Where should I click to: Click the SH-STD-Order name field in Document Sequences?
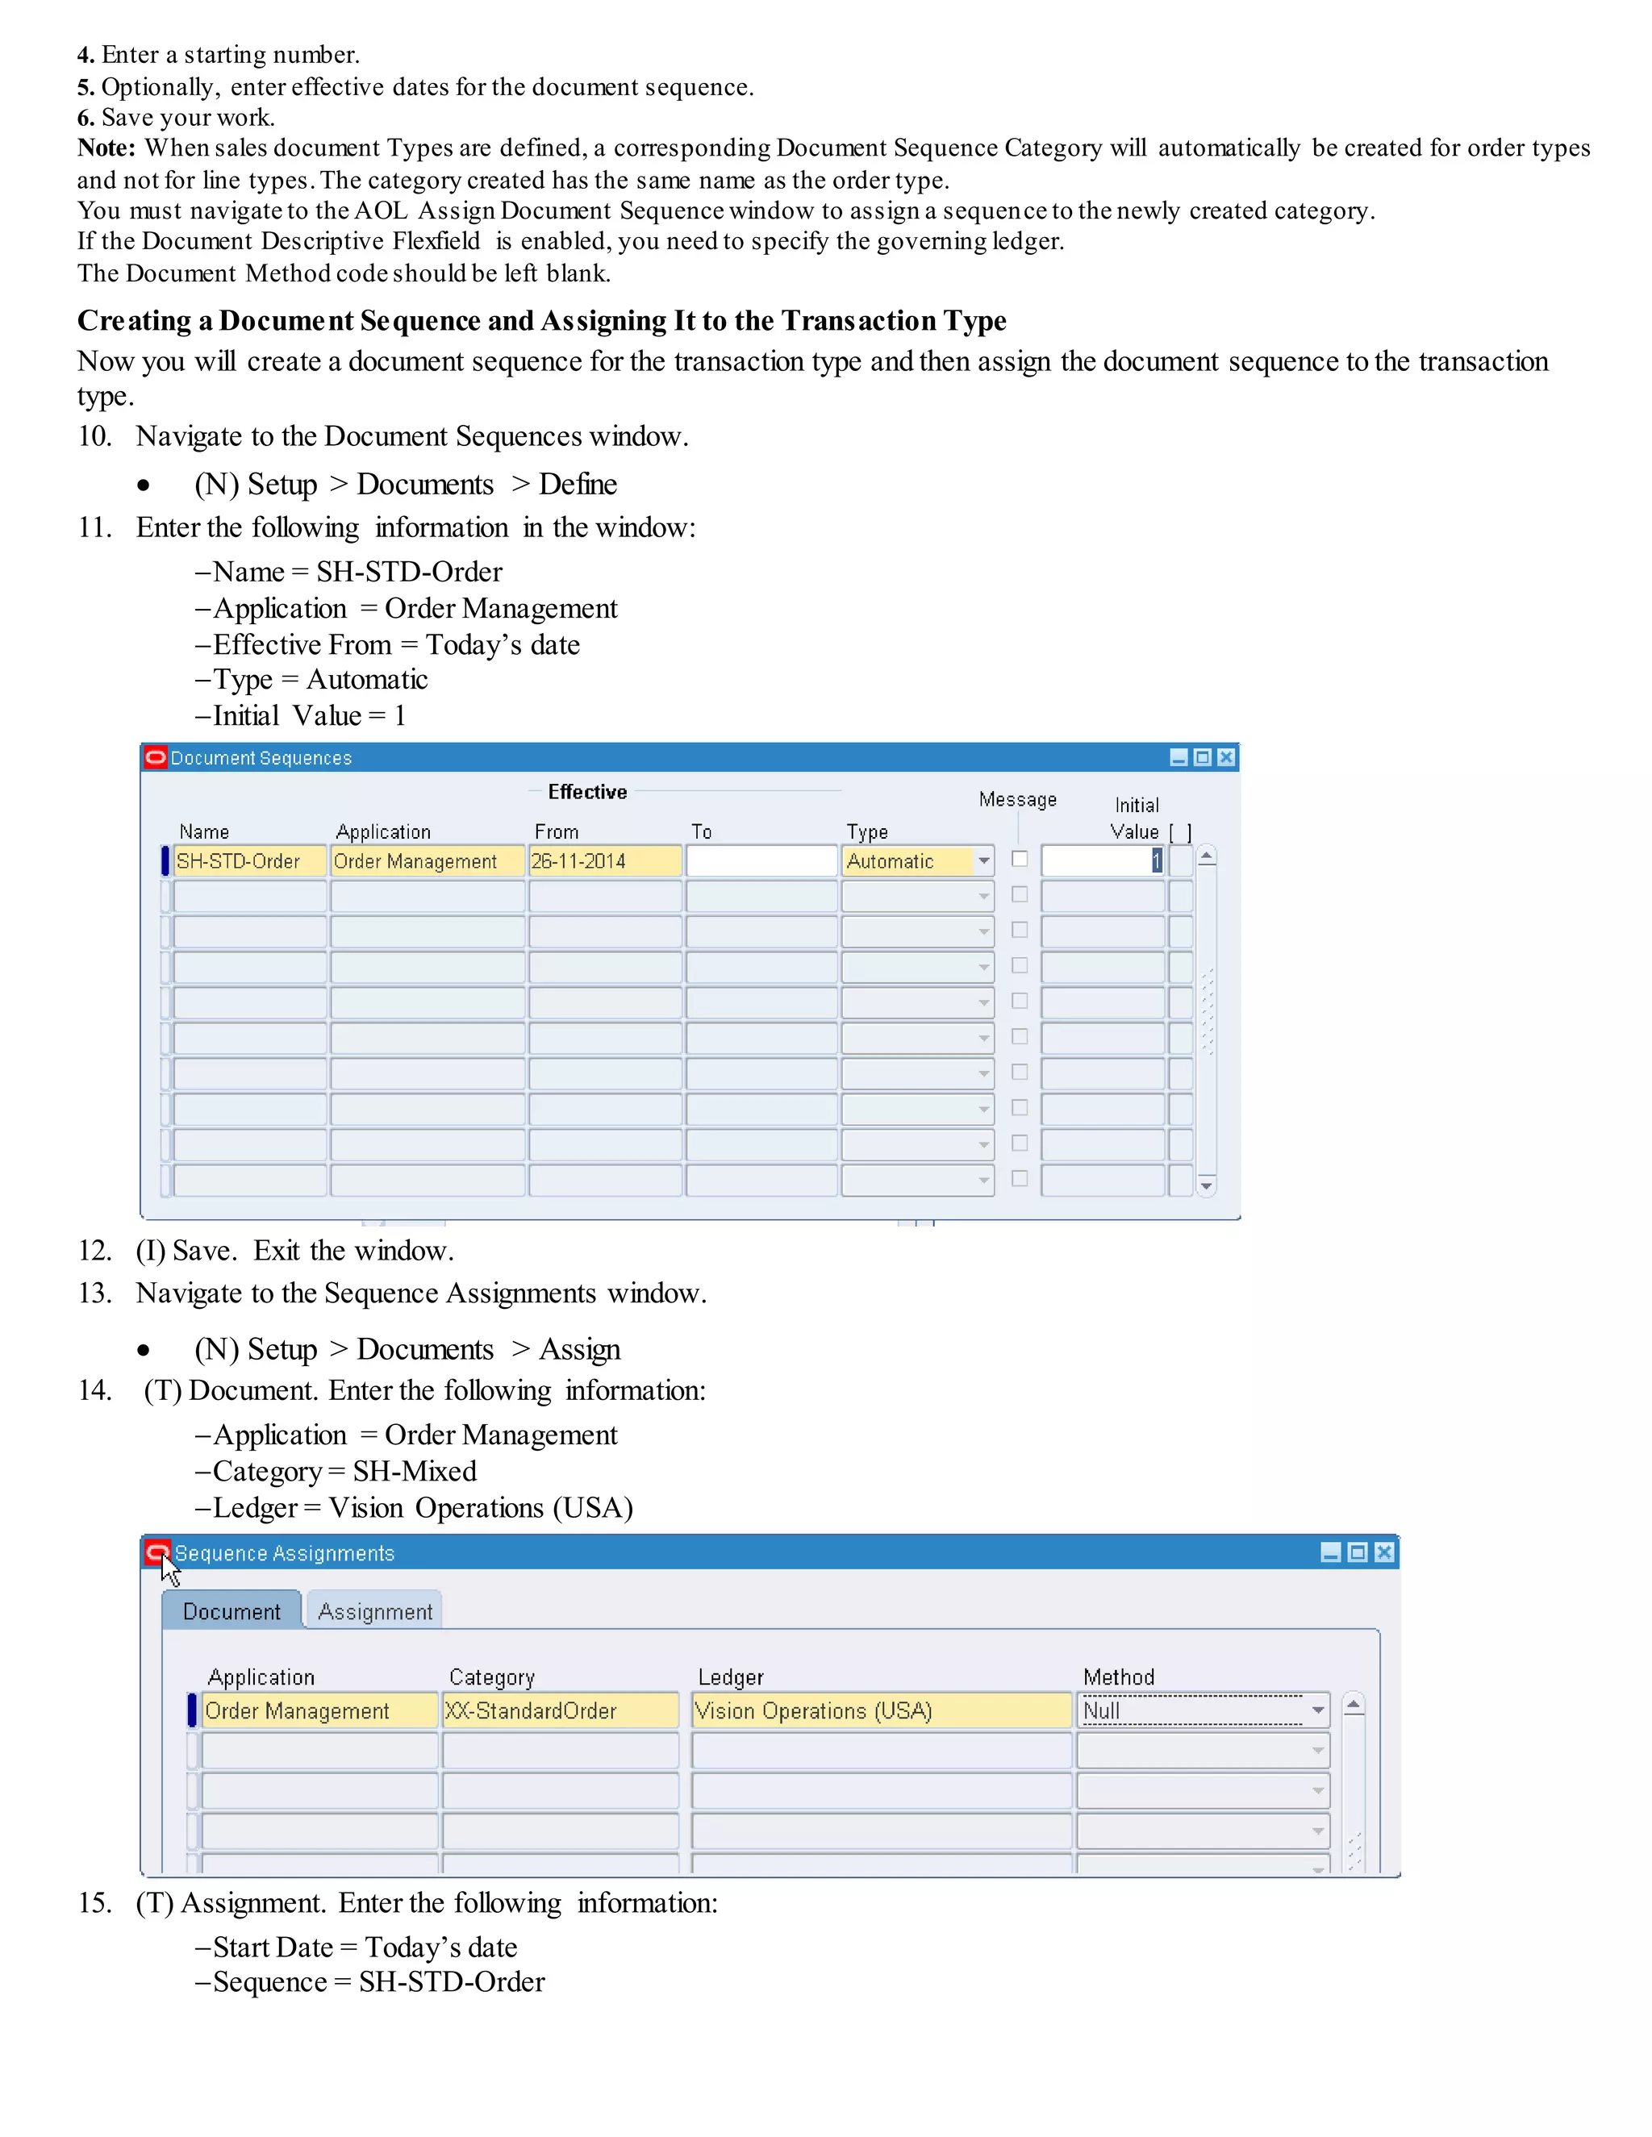(x=249, y=861)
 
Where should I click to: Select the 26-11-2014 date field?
(x=604, y=861)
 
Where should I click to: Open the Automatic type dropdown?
(x=983, y=861)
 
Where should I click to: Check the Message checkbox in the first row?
(x=1020, y=859)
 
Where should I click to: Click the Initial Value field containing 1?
(x=1102, y=861)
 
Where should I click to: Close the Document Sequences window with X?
(x=1226, y=757)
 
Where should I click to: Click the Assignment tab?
(x=375, y=1611)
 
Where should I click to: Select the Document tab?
(x=231, y=1611)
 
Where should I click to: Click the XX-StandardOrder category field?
(x=560, y=1710)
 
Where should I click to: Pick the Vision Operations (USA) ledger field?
(x=881, y=1710)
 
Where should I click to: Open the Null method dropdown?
(x=1317, y=1710)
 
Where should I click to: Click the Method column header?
(x=1119, y=1677)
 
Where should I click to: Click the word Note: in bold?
(x=106, y=148)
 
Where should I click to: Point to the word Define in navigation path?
(x=578, y=485)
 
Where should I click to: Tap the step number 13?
(x=95, y=1293)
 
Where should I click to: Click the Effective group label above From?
(x=587, y=793)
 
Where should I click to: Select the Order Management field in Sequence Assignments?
(x=319, y=1710)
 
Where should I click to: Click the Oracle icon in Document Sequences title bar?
(x=156, y=757)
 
